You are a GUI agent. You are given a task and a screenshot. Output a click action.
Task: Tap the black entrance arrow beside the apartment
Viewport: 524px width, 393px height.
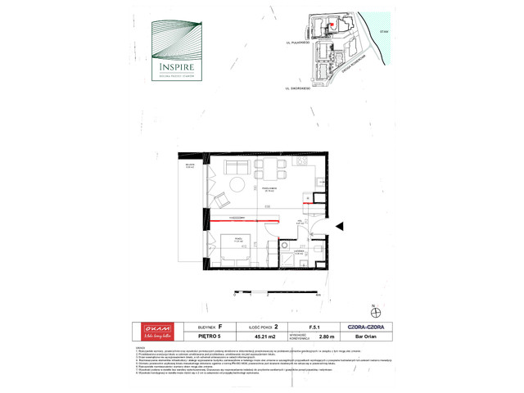click(340, 227)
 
